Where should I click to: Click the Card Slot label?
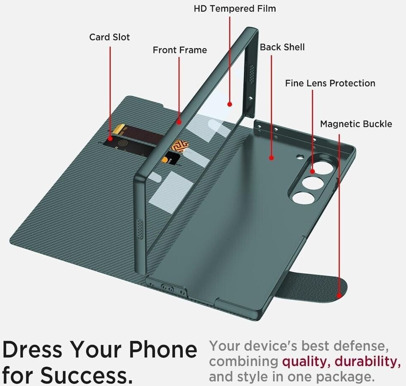click(x=110, y=37)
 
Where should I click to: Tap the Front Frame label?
click(x=180, y=50)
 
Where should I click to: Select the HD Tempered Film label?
click(x=235, y=9)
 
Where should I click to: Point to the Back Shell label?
click(x=282, y=47)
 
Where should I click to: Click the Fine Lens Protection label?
click(x=330, y=83)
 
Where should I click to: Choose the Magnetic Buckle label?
click(x=356, y=124)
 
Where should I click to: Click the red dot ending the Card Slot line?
click(x=110, y=138)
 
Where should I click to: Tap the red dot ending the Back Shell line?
click(x=271, y=158)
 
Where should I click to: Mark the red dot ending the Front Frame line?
click(x=179, y=122)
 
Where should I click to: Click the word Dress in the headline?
click(x=32, y=349)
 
